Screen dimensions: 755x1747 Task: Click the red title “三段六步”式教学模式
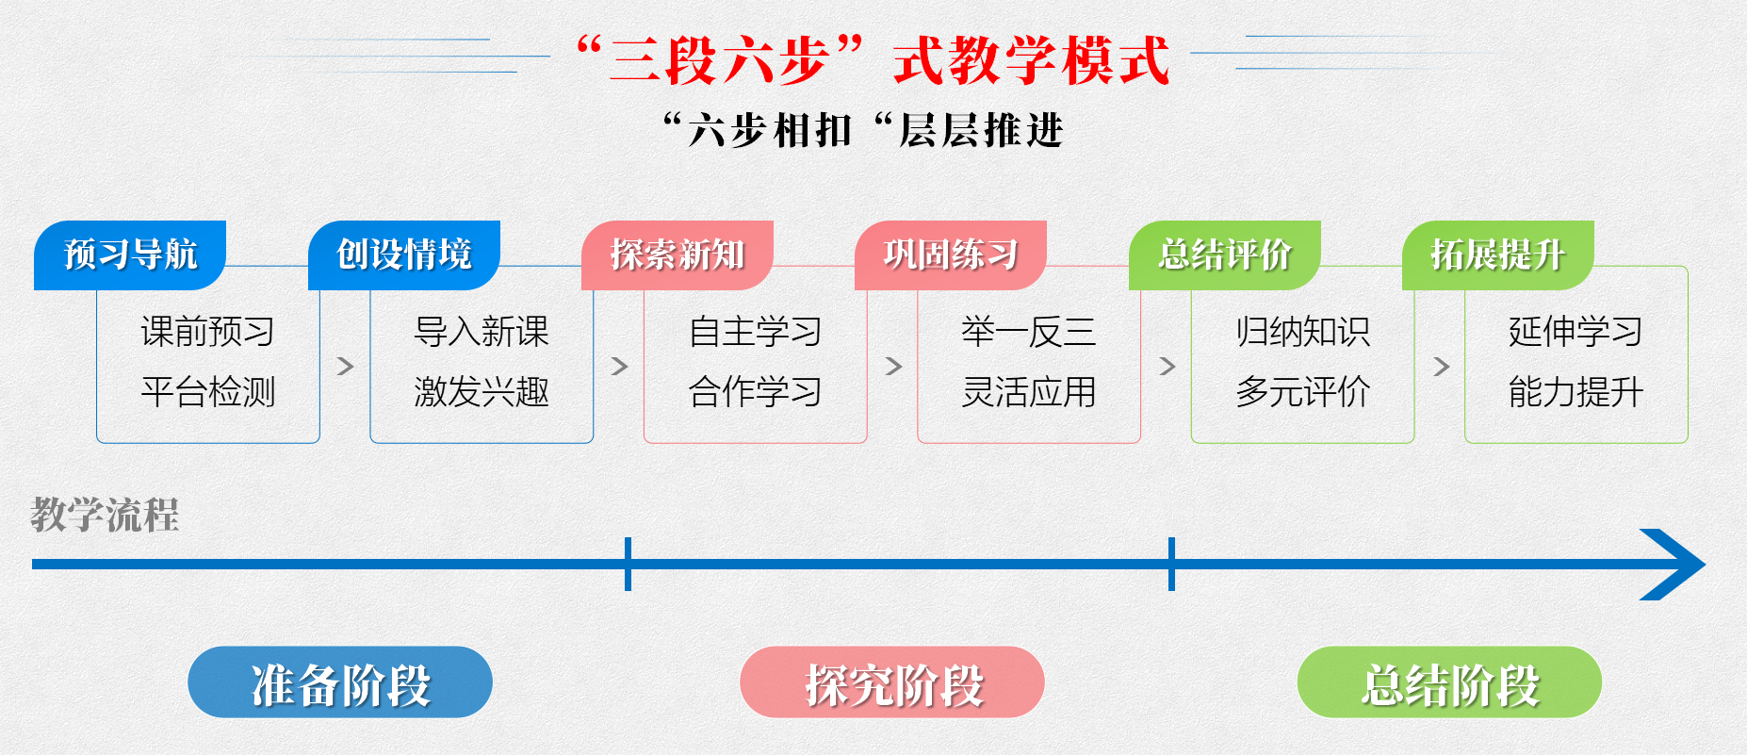click(x=873, y=60)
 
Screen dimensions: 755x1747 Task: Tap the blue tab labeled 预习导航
click(x=130, y=254)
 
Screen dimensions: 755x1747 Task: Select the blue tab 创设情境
click(x=404, y=254)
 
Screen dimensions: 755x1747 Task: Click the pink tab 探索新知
click(x=678, y=254)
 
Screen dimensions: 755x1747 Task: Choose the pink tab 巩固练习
click(x=951, y=254)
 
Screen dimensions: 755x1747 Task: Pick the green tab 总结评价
click(x=1224, y=254)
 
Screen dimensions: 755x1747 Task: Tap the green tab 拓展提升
click(x=1497, y=254)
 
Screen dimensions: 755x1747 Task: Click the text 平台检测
click(x=208, y=391)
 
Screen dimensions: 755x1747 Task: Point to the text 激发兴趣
click(x=482, y=391)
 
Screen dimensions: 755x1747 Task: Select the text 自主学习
click(x=755, y=332)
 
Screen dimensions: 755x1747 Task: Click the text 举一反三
click(x=1028, y=332)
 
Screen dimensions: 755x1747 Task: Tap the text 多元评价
click(x=1302, y=391)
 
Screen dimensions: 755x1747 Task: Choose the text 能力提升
click(x=1576, y=391)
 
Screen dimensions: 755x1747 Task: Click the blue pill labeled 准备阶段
click(x=340, y=682)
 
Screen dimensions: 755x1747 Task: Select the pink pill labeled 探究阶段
click(x=892, y=682)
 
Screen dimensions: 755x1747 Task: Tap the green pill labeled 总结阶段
click(x=1449, y=682)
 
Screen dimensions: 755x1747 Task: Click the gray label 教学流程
click(x=105, y=516)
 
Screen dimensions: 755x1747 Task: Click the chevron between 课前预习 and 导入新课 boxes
click(x=345, y=366)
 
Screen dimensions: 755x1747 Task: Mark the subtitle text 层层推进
click(x=980, y=130)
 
